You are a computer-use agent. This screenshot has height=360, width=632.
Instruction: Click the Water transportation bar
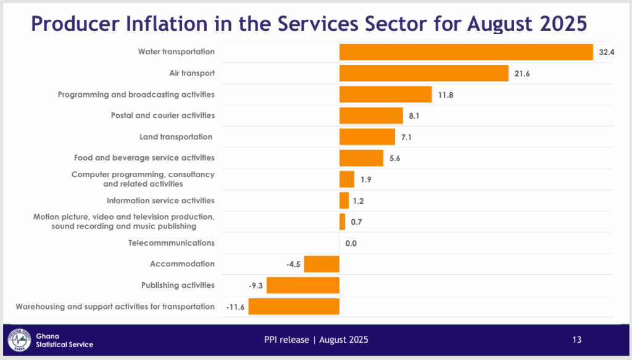tap(466, 52)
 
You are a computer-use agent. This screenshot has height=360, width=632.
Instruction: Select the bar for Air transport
tap(423, 73)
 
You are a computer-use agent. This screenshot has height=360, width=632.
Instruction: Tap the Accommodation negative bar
tap(322, 264)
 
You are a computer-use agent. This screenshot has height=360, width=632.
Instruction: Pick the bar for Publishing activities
tap(303, 285)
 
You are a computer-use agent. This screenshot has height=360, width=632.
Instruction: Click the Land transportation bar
tap(367, 137)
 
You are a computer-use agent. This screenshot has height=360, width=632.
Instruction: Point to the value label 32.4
tap(607, 52)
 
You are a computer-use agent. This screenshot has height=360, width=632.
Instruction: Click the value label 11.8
tap(446, 95)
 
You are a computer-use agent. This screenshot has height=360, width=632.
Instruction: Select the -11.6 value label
tap(235, 307)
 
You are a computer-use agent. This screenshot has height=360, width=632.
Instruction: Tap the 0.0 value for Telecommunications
tap(351, 243)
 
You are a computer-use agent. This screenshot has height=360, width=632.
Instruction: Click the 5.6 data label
tap(396, 159)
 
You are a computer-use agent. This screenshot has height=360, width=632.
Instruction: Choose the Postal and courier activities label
tap(163, 115)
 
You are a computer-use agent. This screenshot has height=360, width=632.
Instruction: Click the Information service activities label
tap(160, 201)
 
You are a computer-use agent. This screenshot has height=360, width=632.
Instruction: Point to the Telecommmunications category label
tap(172, 243)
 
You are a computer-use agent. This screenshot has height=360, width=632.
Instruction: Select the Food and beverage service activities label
tap(144, 158)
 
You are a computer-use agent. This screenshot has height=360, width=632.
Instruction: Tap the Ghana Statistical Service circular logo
tap(20, 340)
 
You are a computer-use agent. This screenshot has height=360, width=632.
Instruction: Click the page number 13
tap(576, 340)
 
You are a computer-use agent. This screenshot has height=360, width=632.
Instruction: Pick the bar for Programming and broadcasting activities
tap(385, 94)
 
